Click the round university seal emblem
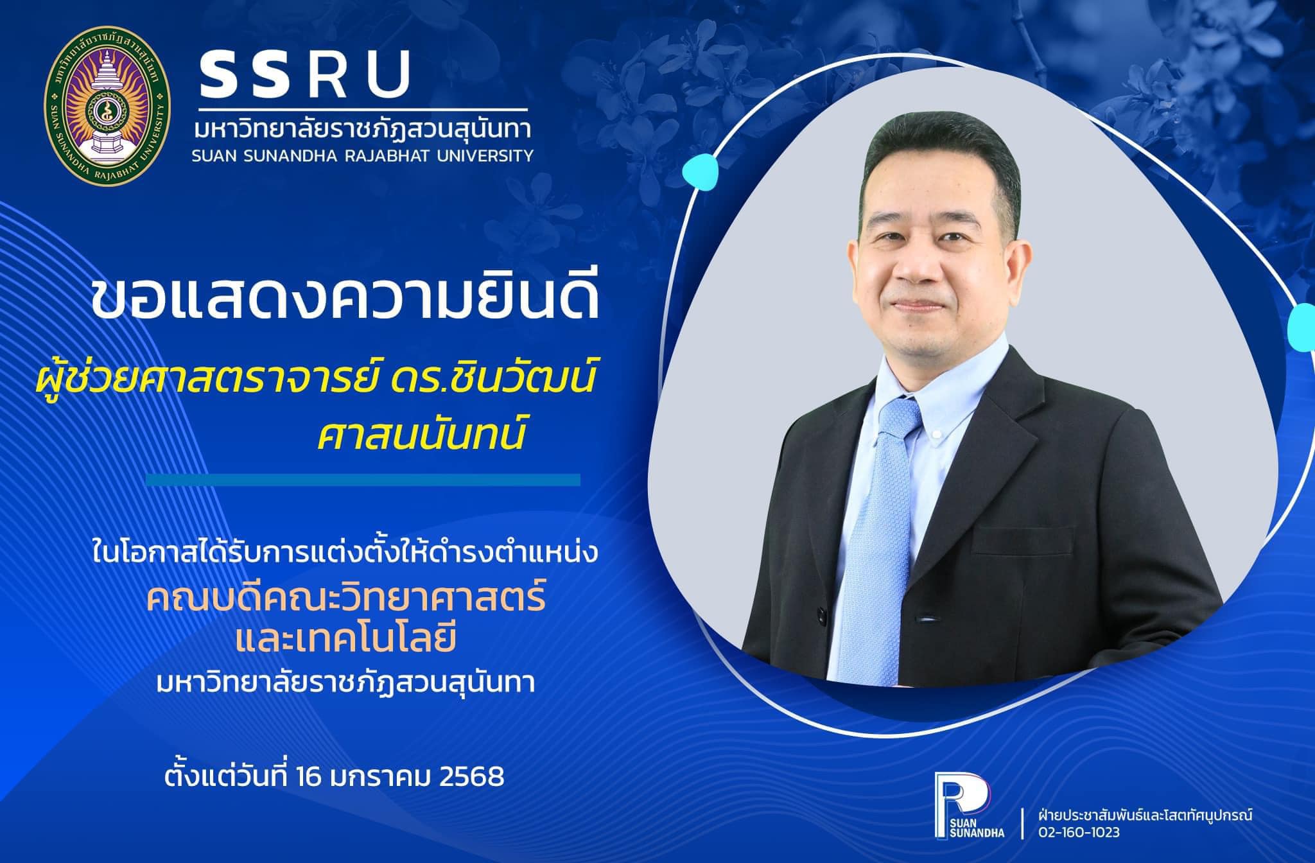tap(107, 107)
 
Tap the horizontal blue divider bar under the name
tap(363, 479)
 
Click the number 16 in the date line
tap(311, 777)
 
